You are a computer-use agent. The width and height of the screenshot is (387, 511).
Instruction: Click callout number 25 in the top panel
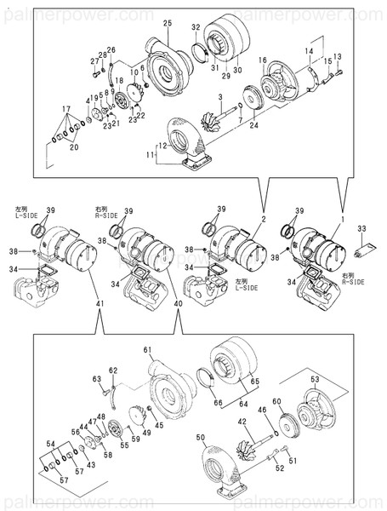point(167,21)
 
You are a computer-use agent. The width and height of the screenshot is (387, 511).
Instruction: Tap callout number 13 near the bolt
point(337,56)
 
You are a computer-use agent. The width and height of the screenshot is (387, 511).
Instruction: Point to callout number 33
point(361,228)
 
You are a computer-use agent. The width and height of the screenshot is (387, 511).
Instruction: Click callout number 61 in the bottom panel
point(146,351)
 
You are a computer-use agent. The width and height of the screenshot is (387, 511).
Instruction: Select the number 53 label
point(314,379)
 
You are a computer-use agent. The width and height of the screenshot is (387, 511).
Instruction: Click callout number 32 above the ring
point(195,27)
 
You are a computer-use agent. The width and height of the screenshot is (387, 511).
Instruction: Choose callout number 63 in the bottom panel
point(96,378)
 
